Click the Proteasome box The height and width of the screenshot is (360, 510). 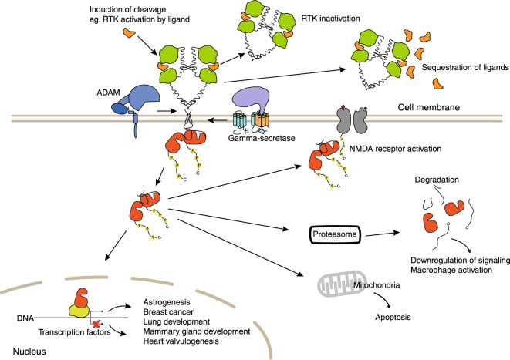(x=335, y=234)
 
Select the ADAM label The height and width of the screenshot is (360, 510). (x=108, y=93)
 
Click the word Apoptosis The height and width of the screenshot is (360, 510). (x=393, y=317)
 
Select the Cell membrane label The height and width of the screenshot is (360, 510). (x=429, y=107)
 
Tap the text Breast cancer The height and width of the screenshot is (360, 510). (x=168, y=312)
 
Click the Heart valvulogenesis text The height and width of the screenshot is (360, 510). (x=181, y=341)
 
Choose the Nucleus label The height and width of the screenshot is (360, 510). (x=29, y=352)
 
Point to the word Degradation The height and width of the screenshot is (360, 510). (x=437, y=180)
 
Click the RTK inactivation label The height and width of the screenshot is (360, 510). (x=330, y=19)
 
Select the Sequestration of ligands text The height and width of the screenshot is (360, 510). (x=465, y=67)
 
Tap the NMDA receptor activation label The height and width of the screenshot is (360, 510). (x=395, y=149)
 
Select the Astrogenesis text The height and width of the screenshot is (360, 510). (x=167, y=302)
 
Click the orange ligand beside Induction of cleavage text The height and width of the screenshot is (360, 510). (x=129, y=32)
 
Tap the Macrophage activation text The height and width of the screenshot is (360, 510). (x=451, y=270)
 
